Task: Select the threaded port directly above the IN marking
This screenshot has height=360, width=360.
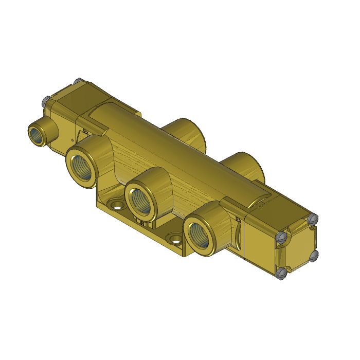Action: click(139, 199)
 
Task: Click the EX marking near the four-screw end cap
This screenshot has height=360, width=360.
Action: click(238, 220)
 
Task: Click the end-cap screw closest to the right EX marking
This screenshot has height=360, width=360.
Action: click(281, 237)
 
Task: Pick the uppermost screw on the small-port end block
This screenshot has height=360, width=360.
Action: click(77, 81)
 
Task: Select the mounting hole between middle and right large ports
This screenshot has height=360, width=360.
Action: click(176, 240)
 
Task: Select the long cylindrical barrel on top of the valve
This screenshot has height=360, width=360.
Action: click(175, 149)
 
